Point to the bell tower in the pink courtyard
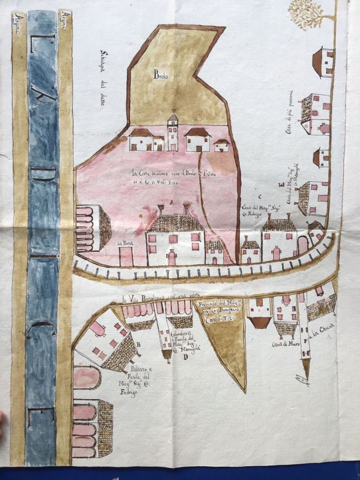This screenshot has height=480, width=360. pos(173,131)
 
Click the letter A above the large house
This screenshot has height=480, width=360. pos(172,202)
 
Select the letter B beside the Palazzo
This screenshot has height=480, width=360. pos(138,344)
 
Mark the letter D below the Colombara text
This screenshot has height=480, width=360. pos(185,357)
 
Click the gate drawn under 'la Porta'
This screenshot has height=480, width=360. pos(126,256)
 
